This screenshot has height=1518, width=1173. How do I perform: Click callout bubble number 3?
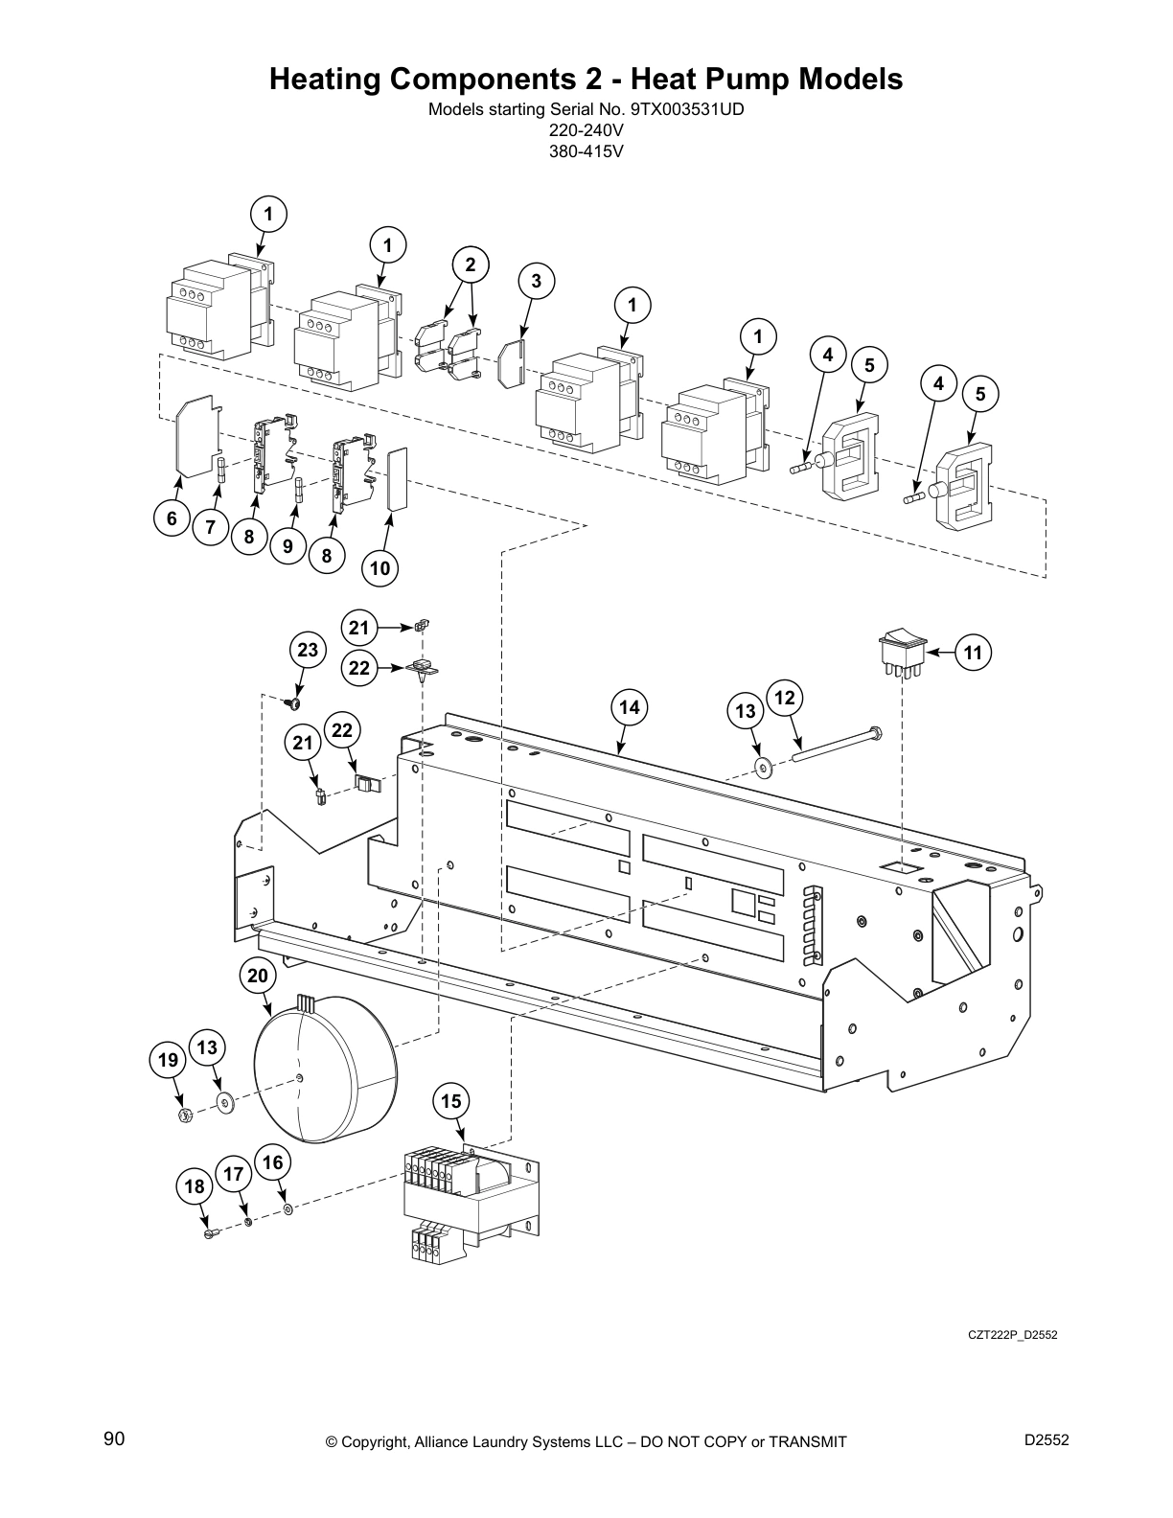(x=536, y=281)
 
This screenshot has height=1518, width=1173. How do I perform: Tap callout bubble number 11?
(x=973, y=653)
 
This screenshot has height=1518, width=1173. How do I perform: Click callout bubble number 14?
(x=629, y=707)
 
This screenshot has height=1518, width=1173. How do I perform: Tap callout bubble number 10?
(x=379, y=567)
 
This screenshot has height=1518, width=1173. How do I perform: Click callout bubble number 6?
(x=172, y=518)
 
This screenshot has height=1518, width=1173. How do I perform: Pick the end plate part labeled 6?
(x=198, y=436)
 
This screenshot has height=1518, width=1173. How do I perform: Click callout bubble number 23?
(x=307, y=651)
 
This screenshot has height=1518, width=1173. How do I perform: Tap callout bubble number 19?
(x=169, y=1060)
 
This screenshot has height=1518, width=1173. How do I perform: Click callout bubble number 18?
(x=195, y=1186)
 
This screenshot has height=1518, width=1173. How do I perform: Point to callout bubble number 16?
(x=273, y=1162)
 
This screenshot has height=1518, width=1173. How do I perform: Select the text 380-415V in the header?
(x=586, y=149)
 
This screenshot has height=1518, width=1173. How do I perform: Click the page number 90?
(x=114, y=1439)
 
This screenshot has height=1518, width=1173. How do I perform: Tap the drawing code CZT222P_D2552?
(x=1012, y=1335)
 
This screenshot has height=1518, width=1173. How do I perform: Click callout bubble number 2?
(x=470, y=264)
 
